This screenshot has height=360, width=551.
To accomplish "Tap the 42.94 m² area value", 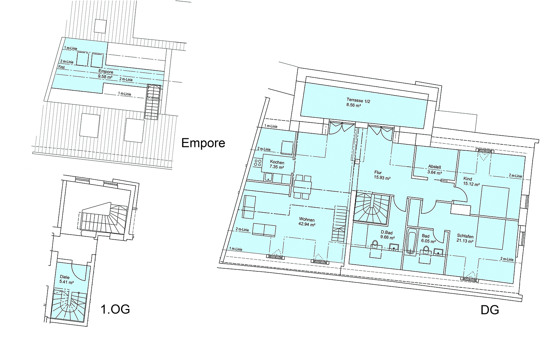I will pyautogui.click(x=307, y=225).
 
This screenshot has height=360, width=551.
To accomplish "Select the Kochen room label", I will pyautogui.click(x=277, y=162).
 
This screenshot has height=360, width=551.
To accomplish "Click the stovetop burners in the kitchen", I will pyautogui.click(x=258, y=163).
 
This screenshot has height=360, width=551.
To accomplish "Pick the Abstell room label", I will pyautogui.click(x=434, y=167).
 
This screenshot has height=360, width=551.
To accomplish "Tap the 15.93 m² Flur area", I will pyautogui.click(x=382, y=178).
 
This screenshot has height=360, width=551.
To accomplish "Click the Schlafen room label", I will pyautogui.click(x=465, y=236).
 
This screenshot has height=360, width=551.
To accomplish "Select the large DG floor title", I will pyautogui.click(x=490, y=310).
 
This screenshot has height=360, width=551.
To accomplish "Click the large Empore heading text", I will pyautogui.click(x=203, y=143).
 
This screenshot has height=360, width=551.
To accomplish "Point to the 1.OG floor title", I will pyautogui.click(x=115, y=309).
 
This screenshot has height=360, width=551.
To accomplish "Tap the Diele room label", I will pyautogui.click(x=65, y=277).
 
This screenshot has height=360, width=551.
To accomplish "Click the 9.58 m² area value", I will pyautogui.click(x=105, y=76).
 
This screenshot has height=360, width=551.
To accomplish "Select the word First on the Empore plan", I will pyautogui.click(x=61, y=67).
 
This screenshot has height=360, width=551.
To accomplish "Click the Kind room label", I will pyautogui.click(x=467, y=179).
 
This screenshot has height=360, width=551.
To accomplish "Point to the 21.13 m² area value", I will pyautogui.click(x=465, y=241).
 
